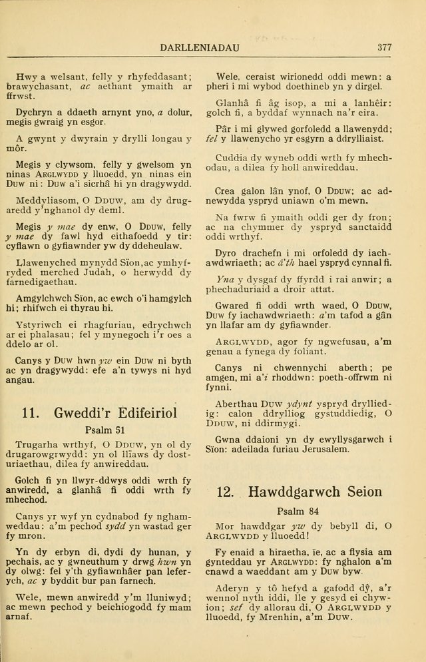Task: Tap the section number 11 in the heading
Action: (x=31, y=412)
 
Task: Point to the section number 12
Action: (x=226, y=492)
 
